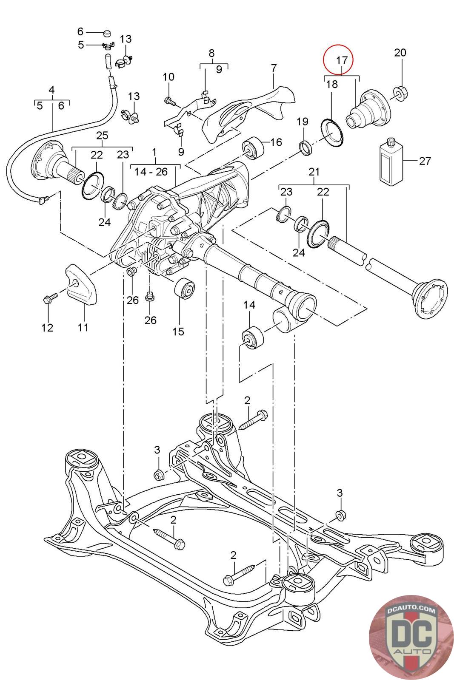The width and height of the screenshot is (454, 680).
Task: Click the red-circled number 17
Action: point(342,60)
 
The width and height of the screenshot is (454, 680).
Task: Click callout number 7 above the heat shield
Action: point(274,68)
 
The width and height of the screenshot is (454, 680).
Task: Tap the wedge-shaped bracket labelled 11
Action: point(81,284)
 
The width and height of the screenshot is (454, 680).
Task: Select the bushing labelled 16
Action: point(253,148)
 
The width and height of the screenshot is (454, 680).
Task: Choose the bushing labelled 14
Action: point(253,337)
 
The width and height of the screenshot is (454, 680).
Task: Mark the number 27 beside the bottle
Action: point(425,161)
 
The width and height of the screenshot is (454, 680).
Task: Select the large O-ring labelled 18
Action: point(332,133)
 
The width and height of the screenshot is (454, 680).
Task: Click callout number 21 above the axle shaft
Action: point(314,172)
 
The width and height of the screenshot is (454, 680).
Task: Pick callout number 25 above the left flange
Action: point(102,136)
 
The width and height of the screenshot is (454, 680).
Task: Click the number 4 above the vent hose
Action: point(51,90)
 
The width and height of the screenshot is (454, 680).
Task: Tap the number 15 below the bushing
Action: point(178,331)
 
